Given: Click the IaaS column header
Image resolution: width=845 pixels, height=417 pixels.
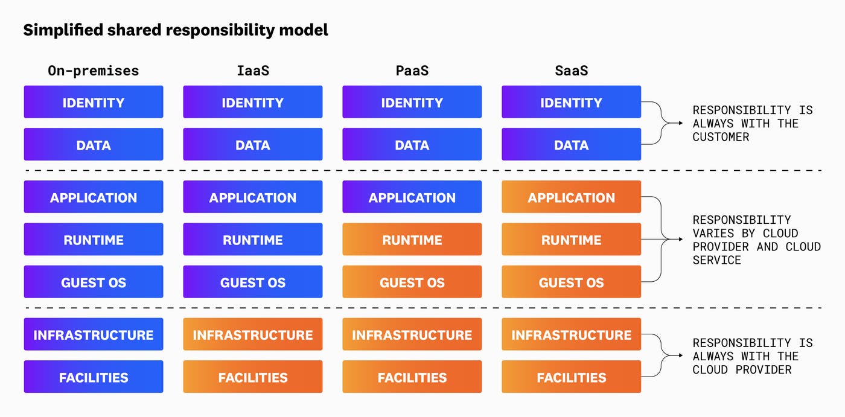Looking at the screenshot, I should pyautogui.click(x=252, y=71).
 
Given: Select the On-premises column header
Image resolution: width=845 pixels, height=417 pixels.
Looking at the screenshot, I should pyautogui.click(x=94, y=71).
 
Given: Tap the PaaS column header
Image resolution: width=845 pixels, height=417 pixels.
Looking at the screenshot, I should pyautogui.click(x=412, y=71).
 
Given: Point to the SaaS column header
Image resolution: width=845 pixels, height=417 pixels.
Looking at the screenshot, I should pyautogui.click(x=571, y=71).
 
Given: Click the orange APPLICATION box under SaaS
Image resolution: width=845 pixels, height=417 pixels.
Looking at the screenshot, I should pyautogui.click(x=571, y=197).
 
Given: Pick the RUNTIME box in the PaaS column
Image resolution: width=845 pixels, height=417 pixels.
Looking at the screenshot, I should pyautogui.click(x=412, y=240).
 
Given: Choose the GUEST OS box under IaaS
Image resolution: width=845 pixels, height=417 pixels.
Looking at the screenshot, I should pyautogui.click(x=252, y=282).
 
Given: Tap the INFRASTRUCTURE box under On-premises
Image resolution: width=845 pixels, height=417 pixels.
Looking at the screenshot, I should pyautogui.click(x=94, y=335).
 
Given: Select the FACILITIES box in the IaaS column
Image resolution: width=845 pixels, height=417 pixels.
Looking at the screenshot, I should pyautogui.click(x=252, y=377).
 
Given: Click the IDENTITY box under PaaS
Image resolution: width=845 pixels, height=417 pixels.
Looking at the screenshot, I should pyautogui.click(x=412, y=102).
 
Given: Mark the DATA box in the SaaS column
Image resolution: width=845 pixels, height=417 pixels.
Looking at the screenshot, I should pyautogui.click(x=571, y=144).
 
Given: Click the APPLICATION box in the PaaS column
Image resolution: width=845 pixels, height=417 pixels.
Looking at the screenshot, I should pyautogui.click(x=412, y=197).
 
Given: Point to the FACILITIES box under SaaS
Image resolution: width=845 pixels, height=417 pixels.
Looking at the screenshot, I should pyautogui.click(x=571, y=377).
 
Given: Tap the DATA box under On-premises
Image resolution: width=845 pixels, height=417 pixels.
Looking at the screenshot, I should pyautogui.click(x=94, y=144).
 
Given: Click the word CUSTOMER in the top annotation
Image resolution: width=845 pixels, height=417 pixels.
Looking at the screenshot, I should pyautogui.click(x=721, y=137).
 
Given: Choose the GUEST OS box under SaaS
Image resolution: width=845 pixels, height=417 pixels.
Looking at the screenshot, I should pyautogui.click(x=571, y=282).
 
